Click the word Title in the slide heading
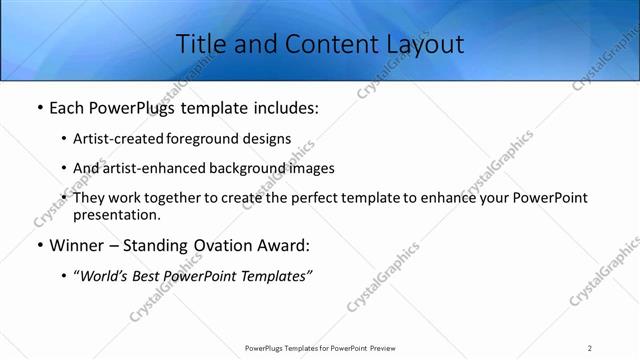pos(198,44)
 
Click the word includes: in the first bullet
pos(284,108)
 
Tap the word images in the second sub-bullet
pos(311,168)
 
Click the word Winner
pos(79,245)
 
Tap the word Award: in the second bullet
pos(282,245)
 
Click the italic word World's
pos(105,276)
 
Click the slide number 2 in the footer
pos(590,347)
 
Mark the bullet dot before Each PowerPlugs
pos(38,108)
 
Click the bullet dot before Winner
pos(38,245)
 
